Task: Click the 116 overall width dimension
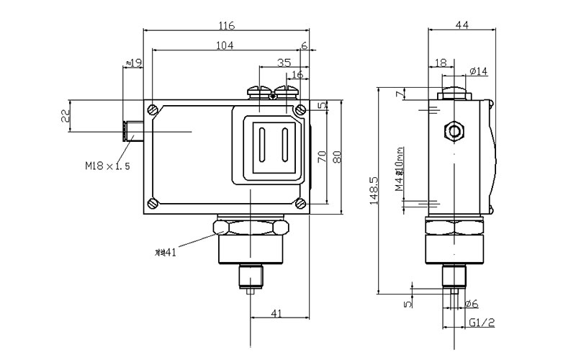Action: click(227, 26)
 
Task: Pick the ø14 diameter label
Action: click(477, 71)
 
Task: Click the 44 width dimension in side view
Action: click(462, 25)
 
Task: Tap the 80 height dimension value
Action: click(336, 156)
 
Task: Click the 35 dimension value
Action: click(284, 63)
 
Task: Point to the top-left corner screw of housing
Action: click(153, 109)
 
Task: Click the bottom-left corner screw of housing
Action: click(153, 203)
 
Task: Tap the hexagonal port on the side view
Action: click(454, 131)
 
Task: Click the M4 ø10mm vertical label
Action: click(400, 171)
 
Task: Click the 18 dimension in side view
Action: click(441, 63)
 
